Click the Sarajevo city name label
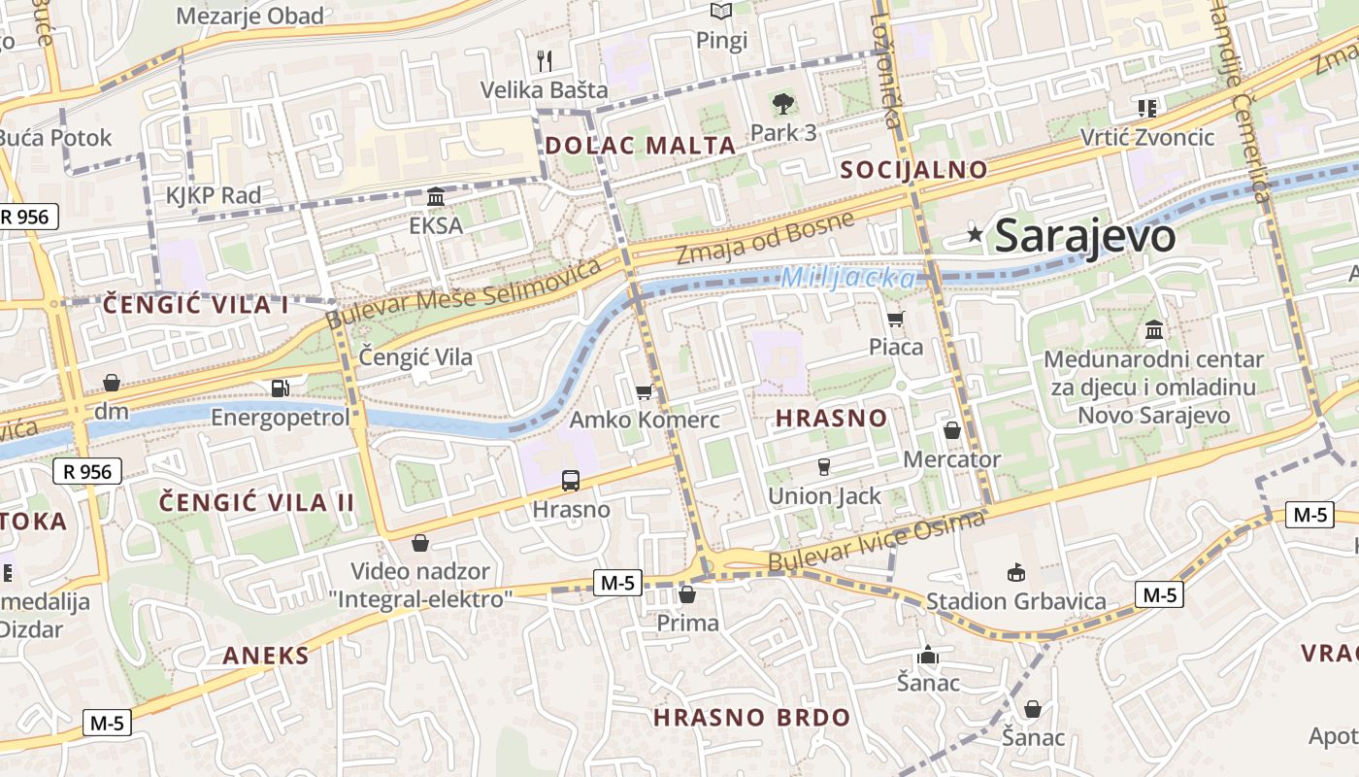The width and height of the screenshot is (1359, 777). click(1085, 236)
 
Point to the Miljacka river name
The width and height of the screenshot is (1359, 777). click(847, 278)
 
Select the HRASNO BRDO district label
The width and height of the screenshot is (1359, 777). click(751, 718)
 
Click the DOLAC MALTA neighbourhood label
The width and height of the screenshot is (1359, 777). click(641, 146)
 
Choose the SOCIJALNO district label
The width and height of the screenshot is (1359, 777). click(913, 170)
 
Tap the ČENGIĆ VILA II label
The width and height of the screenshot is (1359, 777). click(257, 502)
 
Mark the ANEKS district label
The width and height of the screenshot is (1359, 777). click(266, 656)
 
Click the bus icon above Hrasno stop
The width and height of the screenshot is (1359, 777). click(571, 480)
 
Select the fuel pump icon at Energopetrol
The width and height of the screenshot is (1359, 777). click(281, 388)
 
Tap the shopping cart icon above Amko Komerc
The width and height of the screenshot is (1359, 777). click(644, 392)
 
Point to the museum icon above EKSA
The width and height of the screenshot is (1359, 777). click(436, 197)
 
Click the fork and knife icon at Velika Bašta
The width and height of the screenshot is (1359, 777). click(545, 61)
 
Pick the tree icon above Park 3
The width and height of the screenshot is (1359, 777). click(782, 103)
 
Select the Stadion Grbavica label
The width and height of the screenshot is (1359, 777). click(1015, 601)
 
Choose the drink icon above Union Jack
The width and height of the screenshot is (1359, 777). click(824, 467)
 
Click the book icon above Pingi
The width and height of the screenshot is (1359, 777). click(720, 12)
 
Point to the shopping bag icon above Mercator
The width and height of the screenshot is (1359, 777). click(952, 430)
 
